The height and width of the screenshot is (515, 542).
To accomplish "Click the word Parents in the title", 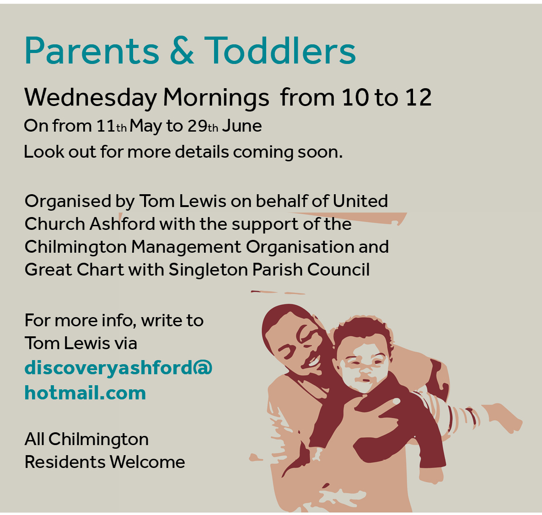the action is pyautogui.click(x=91, y=51).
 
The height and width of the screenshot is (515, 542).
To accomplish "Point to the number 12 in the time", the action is pyautogui.click(x=419, y=97).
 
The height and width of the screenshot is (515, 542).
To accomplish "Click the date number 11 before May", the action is pyautogui.click(x=106, y=126).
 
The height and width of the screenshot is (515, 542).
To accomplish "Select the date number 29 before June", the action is pyautogui.click(x=198, y=126).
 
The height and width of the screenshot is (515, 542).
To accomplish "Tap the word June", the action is pyautogui.click(x=242, y=126).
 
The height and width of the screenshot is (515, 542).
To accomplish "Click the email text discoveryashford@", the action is pyautogui.click(x=118, y=368).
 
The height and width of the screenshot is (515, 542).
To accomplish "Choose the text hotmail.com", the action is pyautogui.click(x=85, y=393).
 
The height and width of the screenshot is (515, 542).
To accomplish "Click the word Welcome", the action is pyautogui.click(x=147, y=462).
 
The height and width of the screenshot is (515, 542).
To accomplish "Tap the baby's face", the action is pyautogui.click(x=363, y=366).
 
